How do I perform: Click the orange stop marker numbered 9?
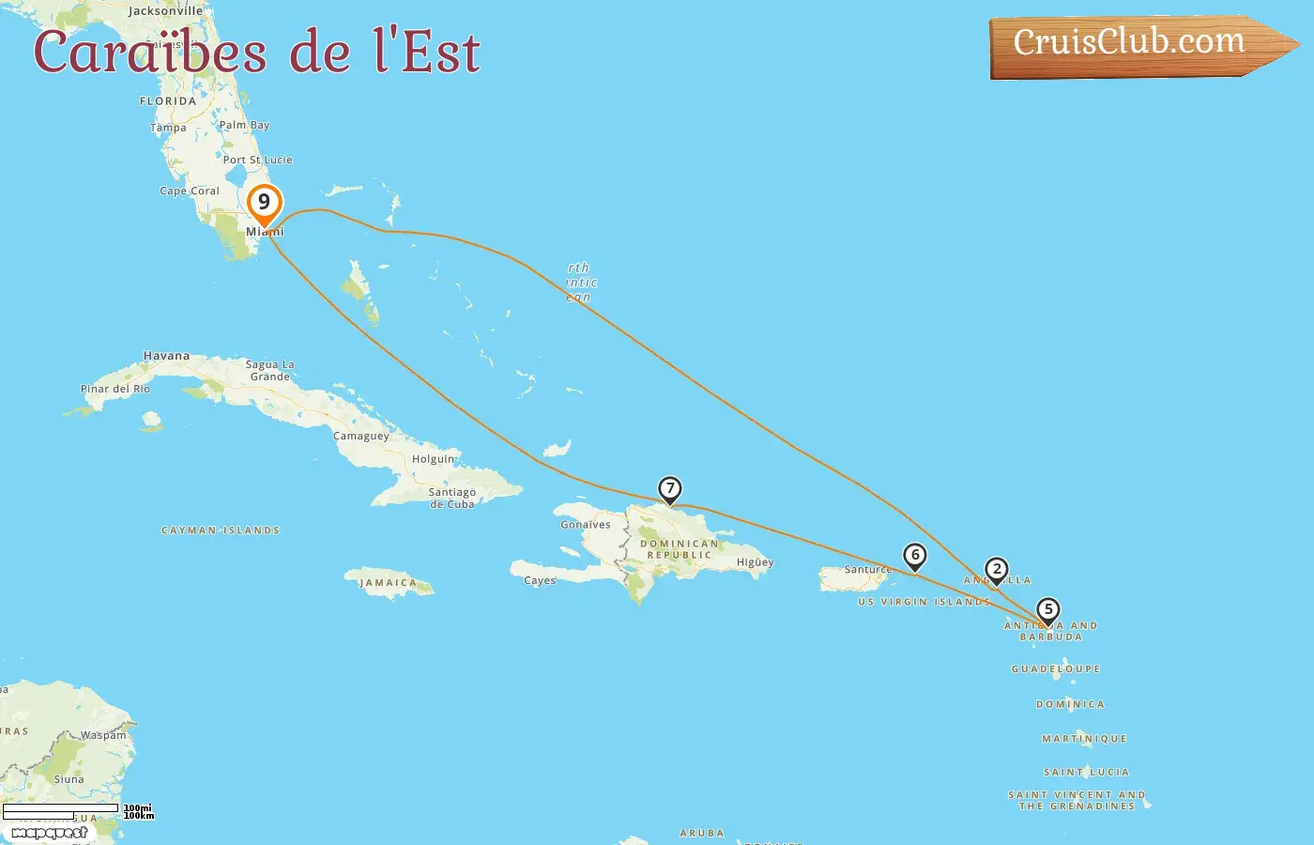click(264, 203)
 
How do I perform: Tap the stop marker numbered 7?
click(669, 488)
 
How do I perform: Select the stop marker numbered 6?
click(915, 555)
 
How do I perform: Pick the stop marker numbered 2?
click(997, 569)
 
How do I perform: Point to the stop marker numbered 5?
click(1048, 609)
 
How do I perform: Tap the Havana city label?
click(166, 356)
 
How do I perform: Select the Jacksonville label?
click(165, 11)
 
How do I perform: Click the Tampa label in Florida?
click(168, 128)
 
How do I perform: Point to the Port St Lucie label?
click(257, 160)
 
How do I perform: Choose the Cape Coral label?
click(190, 191)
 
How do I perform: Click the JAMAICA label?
click(388, 583)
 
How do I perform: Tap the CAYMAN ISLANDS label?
click(221, 530)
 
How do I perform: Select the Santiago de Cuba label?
click(452, 498)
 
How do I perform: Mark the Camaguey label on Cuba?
click(361, 436)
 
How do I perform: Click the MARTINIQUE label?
click(1084, 739)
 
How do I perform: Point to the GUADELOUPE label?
click(1056, 669)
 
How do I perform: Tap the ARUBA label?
click(702, 833)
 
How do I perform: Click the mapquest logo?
click(49, 833)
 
